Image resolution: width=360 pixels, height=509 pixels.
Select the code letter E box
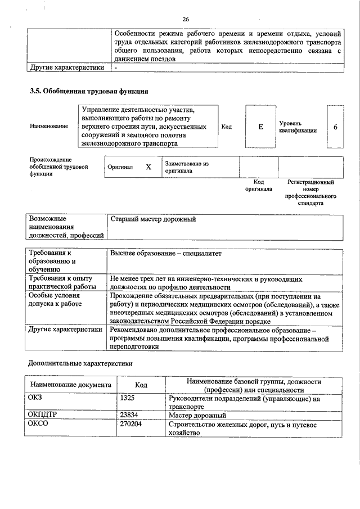[x=260, y=127]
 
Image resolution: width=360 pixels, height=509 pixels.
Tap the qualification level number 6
[x=335, y=127]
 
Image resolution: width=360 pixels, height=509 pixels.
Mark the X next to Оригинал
[x=148, y=167]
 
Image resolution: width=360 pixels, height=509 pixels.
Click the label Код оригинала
[x=258, y=186]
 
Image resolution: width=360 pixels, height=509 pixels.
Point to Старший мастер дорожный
[x=153, y=219]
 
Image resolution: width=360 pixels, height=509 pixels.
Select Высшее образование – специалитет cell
[x=166, y=254]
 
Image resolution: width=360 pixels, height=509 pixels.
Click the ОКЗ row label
[x=35, y=399]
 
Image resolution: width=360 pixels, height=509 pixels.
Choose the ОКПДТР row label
[x=43, y=415]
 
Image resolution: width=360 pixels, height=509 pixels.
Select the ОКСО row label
[x=38, y=425]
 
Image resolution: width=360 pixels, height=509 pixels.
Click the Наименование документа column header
[x=67, y=385]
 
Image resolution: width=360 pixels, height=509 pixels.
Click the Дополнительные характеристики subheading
[x=80, y=364]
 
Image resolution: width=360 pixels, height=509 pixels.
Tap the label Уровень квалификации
[x=297, y=127]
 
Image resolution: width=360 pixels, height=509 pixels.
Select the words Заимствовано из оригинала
[x=186, y=167]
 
